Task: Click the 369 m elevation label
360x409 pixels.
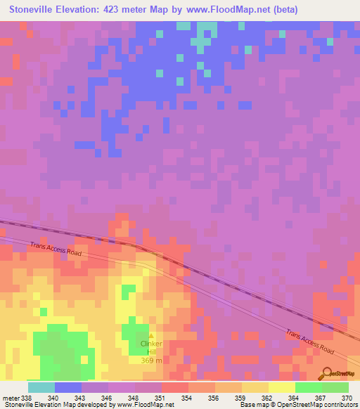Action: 151,361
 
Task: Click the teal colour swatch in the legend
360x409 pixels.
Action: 41,387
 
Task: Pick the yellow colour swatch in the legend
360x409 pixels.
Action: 281,387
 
